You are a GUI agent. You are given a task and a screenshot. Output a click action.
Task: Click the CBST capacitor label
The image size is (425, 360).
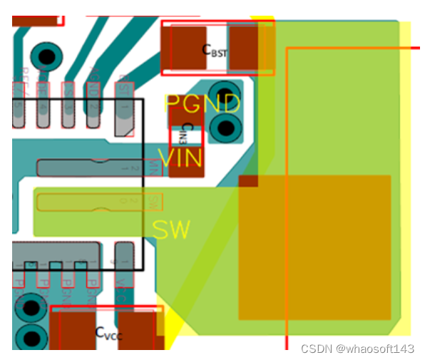click(215, 49)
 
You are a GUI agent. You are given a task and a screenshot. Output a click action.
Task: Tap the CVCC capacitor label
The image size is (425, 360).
click(108, 331)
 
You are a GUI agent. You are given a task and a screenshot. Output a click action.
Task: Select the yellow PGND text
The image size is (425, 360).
click(203, 104)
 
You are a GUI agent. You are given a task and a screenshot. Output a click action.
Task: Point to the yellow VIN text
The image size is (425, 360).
click(180, 158)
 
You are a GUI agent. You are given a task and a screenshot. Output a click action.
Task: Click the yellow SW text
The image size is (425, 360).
click(172, 230)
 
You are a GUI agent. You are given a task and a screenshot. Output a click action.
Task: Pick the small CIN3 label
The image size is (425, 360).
click(187, 134)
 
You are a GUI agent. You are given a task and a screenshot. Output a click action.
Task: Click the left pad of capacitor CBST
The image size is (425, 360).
click(185, 48)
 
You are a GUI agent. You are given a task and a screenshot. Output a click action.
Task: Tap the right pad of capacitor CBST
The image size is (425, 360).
click(244, 48)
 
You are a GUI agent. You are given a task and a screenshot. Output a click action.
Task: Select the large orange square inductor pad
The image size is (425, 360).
click(314, 247)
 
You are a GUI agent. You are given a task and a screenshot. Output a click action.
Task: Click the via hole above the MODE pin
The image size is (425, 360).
click(46, 55)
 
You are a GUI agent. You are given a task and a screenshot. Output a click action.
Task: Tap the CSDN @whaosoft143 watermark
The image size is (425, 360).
click(357, 348)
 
